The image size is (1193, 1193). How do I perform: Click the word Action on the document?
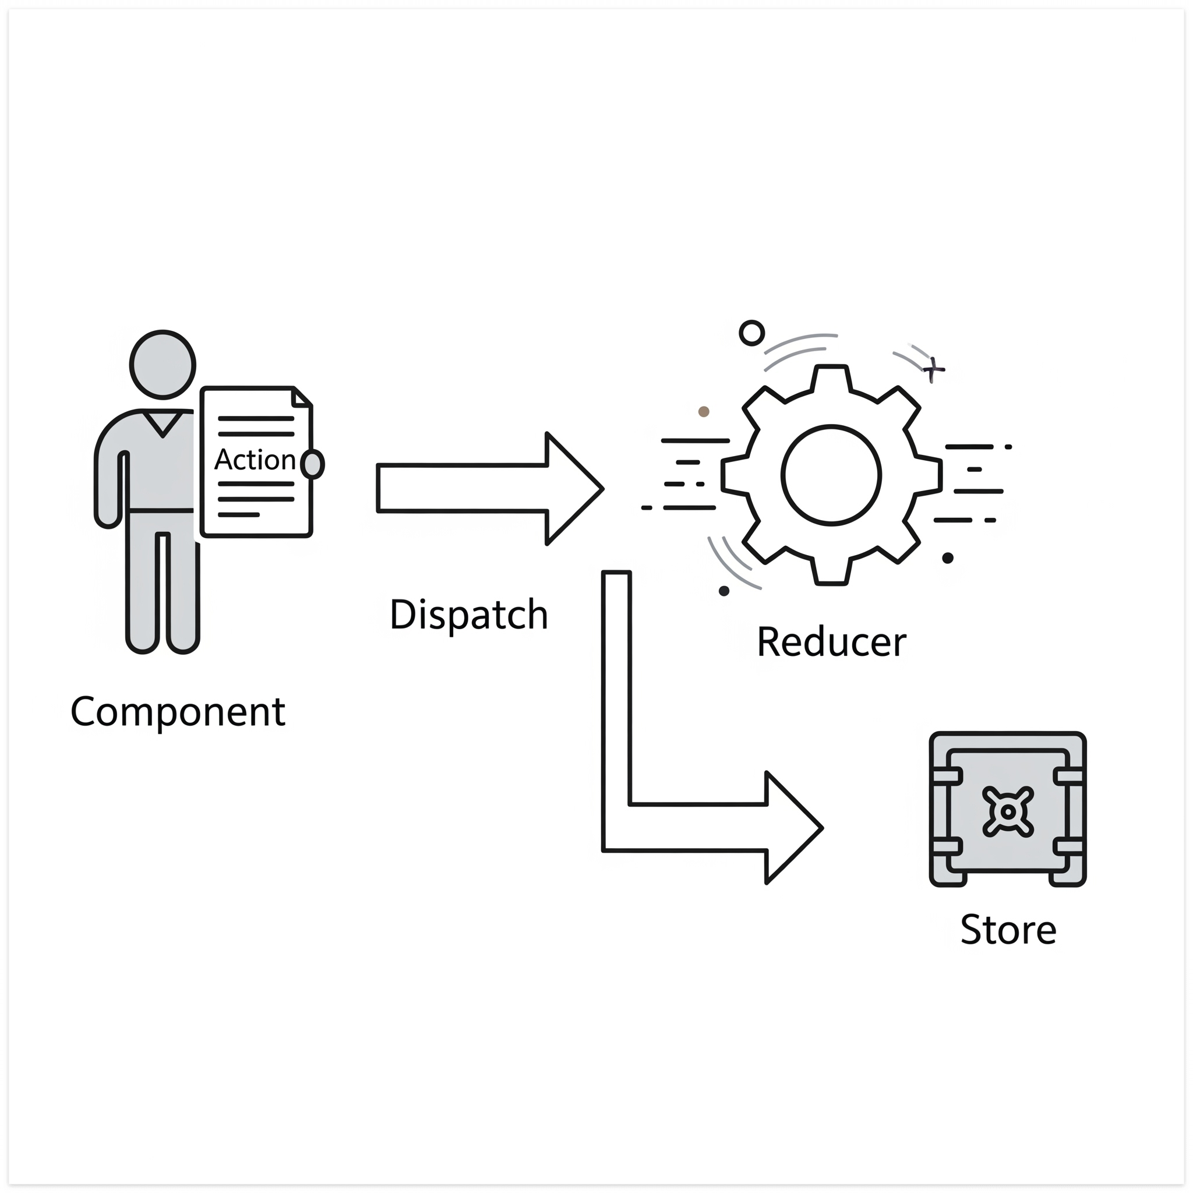click(255, 460)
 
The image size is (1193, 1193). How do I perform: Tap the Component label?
click(178, 712)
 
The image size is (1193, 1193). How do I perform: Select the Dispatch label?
click(469, 615)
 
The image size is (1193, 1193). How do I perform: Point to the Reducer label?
click(831, 642)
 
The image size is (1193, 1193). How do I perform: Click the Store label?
click(1008, 930)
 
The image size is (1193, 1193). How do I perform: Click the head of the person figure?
click(163, 364)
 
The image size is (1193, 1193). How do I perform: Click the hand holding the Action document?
click(313, 464)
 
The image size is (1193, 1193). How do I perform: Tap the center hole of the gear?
click(831, 475)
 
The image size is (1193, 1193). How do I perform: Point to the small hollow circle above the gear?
click(751, 333)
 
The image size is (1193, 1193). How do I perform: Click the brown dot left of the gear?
click(703, 411)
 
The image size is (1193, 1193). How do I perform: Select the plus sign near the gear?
click(933, 369)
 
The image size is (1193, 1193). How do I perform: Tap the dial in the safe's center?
click(1008, 811)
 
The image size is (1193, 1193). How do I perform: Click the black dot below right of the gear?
click(948, 558)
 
